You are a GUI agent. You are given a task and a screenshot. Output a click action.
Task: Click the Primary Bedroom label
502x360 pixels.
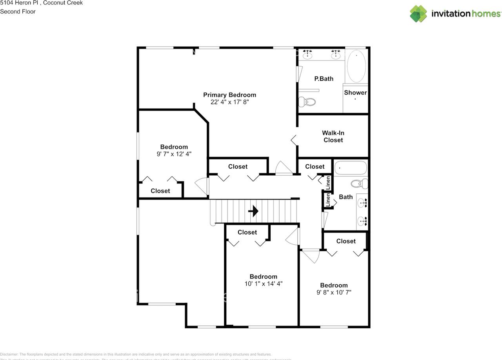(x=229, y=95)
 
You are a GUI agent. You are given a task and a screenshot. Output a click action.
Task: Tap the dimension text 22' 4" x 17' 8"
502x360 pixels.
(x=229, y=102)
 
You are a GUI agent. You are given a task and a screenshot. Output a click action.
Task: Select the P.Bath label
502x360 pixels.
(x=324, y=79)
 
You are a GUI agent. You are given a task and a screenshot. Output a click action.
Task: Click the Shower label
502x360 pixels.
(x=355, y=93)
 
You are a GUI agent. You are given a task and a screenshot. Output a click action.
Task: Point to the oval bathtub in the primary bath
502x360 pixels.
(x=356, y=65)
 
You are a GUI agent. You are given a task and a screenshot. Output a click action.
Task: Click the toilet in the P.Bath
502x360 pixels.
(x=307, y=102)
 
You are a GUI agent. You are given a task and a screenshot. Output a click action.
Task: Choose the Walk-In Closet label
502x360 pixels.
(x=333, y=136)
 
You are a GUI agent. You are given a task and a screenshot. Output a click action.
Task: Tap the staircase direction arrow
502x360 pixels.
(x=254, y=211)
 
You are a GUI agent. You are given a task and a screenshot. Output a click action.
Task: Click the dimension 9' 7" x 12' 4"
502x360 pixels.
(x=174, y=154)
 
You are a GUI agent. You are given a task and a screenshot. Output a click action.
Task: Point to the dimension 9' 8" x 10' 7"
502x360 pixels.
(x=334, y=292)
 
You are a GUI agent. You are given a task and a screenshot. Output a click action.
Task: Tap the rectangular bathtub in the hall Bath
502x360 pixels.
(x=350, y=169)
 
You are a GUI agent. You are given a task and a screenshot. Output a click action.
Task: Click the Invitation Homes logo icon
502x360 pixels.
(x=418, y=14)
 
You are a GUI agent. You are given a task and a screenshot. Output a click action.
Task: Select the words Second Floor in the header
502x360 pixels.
(x=18, y=11)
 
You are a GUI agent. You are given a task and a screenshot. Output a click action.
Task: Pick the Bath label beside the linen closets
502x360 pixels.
(x=346, y=197)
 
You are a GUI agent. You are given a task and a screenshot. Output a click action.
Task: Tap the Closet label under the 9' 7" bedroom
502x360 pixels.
(x=160, y=191)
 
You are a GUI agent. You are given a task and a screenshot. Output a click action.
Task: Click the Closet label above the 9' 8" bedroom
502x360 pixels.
(x=346, y=241)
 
